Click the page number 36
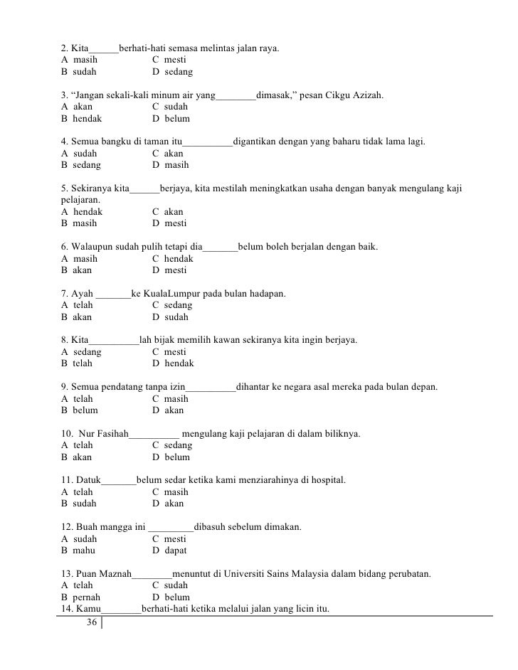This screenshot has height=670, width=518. pyautogui.click(x=90, y=623)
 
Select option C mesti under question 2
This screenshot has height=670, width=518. pyautogui.click(x=169, y=60)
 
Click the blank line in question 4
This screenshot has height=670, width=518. pyautogui.click(x=208, y=142)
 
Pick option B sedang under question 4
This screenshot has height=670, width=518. pyautogui.click(x=81, y=165)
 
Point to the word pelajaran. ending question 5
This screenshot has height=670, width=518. pyautogui.click(x=81, y=201)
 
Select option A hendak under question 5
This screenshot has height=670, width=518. pyautogui.click(x=82, y=212)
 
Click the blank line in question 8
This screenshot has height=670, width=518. pyautogui.click(x=115, y=341)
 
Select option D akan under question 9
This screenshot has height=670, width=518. pyautogui.click(x=168, y=410)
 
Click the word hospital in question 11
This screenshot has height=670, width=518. pyautogui.click(x=326, y=480)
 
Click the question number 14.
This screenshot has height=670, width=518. pyautogui.click(x=68, y=609)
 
